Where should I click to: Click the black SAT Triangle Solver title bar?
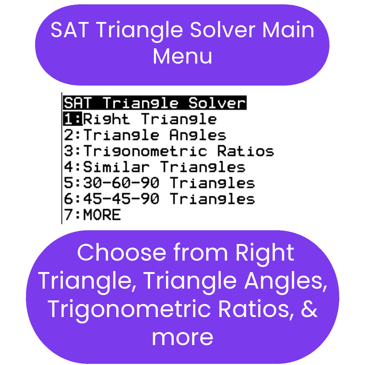click(x=154, y=103)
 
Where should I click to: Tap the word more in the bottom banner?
click(x=182, y=337)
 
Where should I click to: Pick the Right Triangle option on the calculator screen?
click(x=150, y=119)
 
